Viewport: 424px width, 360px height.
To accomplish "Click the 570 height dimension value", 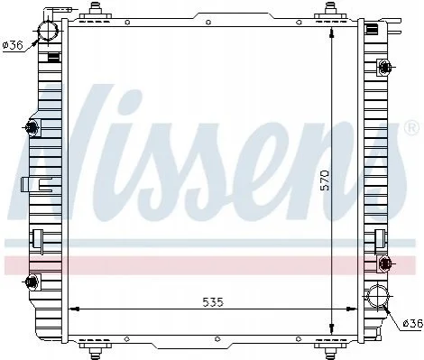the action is pyautogui.click(x=325, y=180).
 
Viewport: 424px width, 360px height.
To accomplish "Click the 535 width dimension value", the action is pyautogui.click(x=213, y=302).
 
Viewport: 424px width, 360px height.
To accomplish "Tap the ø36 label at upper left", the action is pyautogui.click(x=13, y=45).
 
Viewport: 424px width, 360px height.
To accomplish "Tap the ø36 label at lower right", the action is pyautogui.click(x=413, y=324).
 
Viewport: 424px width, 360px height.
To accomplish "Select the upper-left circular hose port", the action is pyautogui.click(x=48, y=31).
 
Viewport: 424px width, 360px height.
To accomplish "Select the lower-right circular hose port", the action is pyautogui.click(x=378, y=296).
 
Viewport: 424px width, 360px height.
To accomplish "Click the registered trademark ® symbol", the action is pyautogui.click(x=411, y=127).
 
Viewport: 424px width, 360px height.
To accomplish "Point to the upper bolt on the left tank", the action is pyautogui.click(x=32, y=127).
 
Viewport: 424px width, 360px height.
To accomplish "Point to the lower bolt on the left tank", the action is pyautogui.click(x=32, y=282).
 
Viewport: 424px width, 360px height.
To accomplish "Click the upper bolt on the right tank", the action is pyautogui.click(x=384, y=67).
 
